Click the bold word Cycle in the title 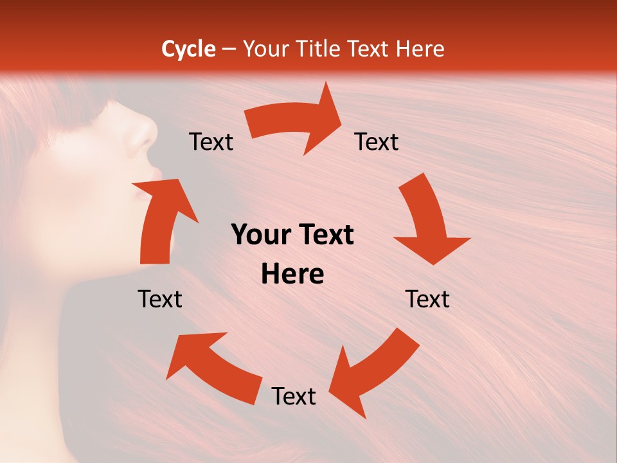[x=188, y=49]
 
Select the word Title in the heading [x=320, y=49]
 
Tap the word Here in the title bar [x=419, y=49]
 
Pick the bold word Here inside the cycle [x=292, y=275]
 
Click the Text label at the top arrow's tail [x=211, y=141]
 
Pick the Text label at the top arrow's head [x=377, y=141]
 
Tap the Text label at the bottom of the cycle [x=294, y=396]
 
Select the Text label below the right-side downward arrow [x=427, y=299]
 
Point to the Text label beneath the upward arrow [x=160, y=299]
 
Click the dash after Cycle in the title [x=228, y=50]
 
